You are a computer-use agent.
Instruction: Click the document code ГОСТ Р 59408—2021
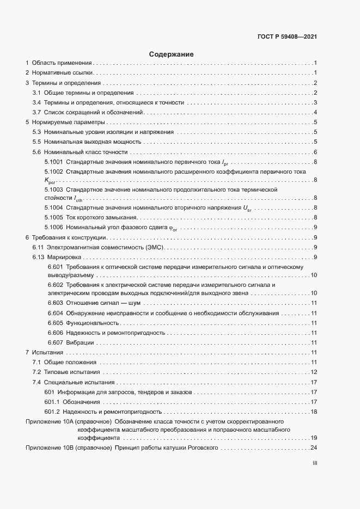(287, 37)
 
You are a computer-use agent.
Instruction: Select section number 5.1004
(54, 207)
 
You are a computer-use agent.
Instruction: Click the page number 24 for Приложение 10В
(314, 447)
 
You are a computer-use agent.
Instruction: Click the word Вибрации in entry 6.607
(80, 342)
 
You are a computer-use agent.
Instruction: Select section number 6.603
(55, 303)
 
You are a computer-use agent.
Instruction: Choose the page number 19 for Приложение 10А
(314, 437)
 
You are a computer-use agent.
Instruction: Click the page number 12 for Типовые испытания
(314, 372)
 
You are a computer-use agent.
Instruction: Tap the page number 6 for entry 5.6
(315, 152)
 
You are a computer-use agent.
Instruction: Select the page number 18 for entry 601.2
(314, 412)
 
